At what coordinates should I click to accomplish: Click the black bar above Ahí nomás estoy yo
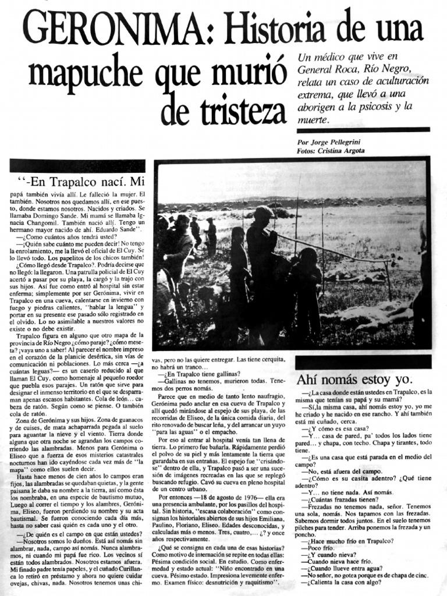pos(363,362)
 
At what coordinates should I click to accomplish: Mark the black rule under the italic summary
pos(363,130)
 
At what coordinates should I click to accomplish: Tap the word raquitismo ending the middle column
pos(259,583)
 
